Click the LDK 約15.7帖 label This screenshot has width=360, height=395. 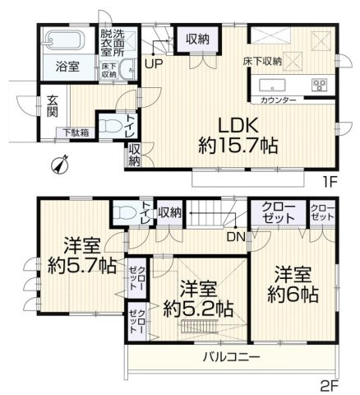tap(238, 137)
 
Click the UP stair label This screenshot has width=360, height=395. tap(154, 62)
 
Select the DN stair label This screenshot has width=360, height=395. tap(234, 238)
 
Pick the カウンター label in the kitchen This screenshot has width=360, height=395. tap(279, 99)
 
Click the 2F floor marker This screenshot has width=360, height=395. tap(330, 384)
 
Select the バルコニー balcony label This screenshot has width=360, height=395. tap(233, 357)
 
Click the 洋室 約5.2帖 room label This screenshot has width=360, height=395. tap(197, 300)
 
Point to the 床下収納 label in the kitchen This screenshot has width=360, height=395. tap(263, 60)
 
